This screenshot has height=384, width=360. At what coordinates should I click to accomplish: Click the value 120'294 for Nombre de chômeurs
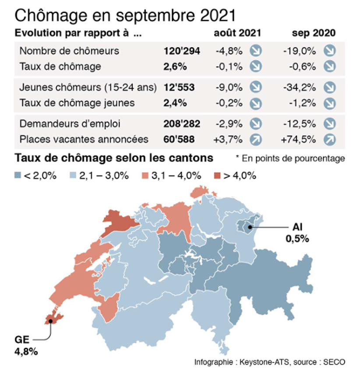(182, 51)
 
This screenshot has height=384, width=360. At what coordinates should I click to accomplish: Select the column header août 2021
(237, 33)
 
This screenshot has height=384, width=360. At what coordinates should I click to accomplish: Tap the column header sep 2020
(314, 33)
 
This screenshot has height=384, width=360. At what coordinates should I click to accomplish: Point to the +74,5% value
(298, 140)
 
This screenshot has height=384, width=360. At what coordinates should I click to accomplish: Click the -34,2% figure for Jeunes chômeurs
(300, 88)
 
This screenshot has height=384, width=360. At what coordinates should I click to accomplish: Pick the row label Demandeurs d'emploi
(70, 123)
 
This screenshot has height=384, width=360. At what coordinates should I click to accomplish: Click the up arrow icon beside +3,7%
(256, 140)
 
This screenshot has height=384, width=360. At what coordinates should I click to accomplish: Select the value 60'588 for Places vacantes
(179, 139)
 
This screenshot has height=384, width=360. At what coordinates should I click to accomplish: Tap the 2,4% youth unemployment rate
(175, 103)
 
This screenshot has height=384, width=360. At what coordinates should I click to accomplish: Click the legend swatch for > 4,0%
(217, 176)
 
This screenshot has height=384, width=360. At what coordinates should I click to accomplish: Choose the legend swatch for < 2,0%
(18, 176)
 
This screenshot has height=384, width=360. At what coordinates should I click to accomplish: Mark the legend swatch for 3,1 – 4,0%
(145, 176)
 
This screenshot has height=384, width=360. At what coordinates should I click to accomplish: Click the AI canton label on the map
(297, 227)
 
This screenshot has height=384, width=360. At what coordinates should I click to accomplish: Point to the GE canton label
(22, 340)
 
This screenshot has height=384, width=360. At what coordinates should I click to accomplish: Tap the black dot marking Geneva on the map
(51, 321)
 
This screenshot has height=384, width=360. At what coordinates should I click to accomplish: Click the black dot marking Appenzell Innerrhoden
(250, 227)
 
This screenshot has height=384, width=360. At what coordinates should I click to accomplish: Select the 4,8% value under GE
(26, 352)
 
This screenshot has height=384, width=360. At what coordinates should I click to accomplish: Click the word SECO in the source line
(334, 362)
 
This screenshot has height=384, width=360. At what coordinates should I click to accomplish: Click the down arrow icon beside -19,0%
(330, 51)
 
